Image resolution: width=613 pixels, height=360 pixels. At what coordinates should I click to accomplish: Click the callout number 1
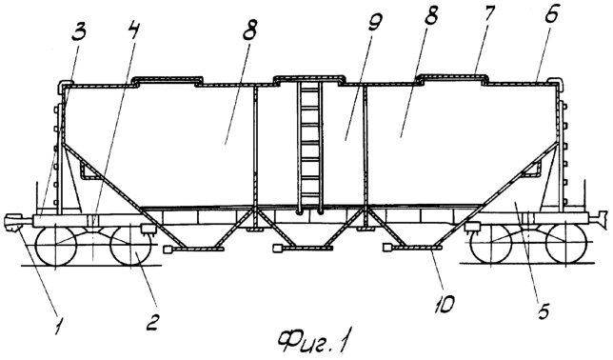[x=59, y=325]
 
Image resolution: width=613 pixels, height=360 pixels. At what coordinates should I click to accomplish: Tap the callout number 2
[x=152, y=322]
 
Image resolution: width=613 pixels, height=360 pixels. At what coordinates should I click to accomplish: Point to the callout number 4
[x=134, y=29]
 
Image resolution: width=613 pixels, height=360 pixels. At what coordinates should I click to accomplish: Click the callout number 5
[x=544, y=310]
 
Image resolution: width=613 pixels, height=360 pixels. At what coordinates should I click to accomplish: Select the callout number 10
[x=446, y=303]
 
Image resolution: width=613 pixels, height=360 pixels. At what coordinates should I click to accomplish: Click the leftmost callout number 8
[x=250, y=30]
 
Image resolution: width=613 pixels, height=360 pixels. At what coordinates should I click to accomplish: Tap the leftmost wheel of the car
[x=55, y=246]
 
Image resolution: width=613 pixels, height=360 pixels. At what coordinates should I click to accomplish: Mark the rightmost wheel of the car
[x=566, y=245]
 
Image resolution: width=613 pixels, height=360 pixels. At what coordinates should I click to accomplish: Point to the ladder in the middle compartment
[x=309, y=149]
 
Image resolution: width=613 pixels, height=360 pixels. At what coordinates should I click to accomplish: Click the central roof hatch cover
[x=308, y=79]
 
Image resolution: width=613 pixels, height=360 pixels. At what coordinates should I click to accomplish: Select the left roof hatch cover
[x=168, y=81]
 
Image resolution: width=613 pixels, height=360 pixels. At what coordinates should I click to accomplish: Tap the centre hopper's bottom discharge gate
[x=303, y=248]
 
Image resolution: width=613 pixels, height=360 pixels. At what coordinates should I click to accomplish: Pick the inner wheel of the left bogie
[x=131, y=246]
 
